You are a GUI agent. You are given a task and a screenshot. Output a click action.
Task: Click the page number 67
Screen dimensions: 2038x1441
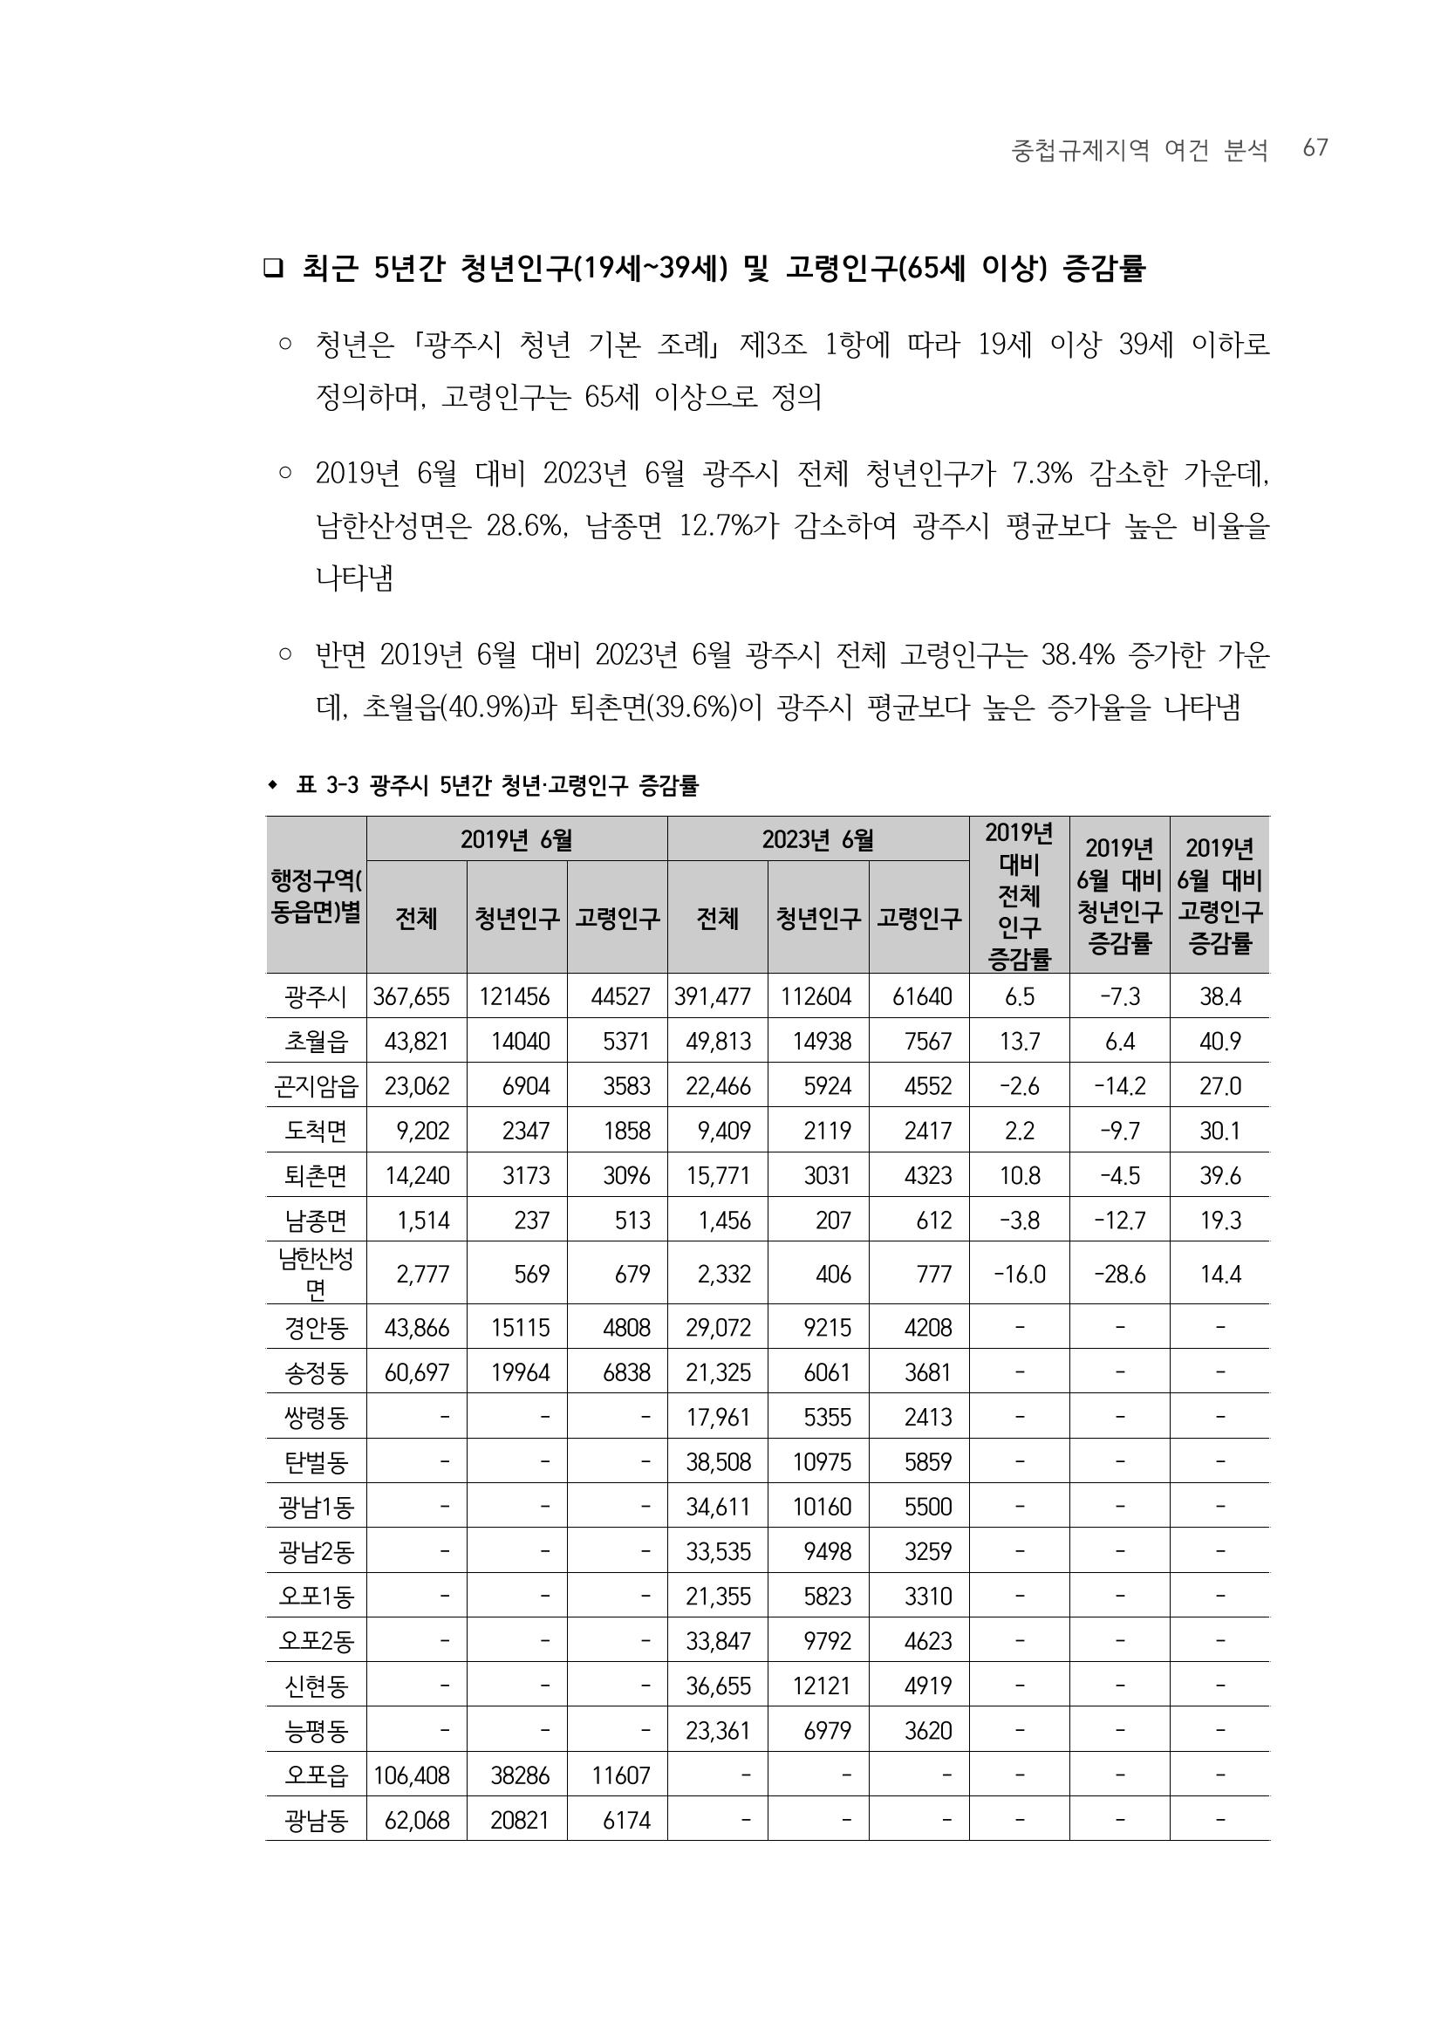click(1315, 148)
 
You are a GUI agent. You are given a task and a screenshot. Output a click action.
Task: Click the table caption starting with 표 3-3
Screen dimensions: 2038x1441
click(497, 784)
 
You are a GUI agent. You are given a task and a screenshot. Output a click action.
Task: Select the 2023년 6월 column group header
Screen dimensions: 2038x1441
click(817, 838)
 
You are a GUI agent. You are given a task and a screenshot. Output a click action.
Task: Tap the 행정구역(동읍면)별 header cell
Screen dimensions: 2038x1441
click(316, 896)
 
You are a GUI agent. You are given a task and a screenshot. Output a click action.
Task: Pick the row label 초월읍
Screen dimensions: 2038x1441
click(316, 1040)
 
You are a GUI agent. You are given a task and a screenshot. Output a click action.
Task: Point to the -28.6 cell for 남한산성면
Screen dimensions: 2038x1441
click(1119, 1274)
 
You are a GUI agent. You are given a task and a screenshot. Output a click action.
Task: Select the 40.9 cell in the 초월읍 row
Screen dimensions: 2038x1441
click(1219, 1040)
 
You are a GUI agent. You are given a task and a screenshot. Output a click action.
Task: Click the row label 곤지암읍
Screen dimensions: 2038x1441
click(316, 1085)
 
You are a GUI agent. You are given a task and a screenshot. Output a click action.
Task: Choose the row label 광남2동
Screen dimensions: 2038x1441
click(316, 1550)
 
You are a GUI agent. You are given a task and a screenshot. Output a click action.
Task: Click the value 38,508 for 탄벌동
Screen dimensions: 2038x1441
click(718, 1461)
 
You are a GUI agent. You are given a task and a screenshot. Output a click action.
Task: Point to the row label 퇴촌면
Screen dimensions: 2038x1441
click(316, 1175)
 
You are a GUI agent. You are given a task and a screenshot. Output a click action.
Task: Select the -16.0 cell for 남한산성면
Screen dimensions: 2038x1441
click(1019, 1274)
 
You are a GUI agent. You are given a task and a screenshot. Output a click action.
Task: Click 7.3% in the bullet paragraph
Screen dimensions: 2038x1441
click(1041, 474)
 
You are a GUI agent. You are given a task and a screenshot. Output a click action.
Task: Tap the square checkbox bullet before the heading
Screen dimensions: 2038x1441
click(272, 268)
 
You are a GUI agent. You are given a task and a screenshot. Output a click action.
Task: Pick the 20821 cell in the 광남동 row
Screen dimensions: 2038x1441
click(520, 1820)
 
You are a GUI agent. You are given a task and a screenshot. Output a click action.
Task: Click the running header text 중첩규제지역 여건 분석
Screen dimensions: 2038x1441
click(1139, 150)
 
